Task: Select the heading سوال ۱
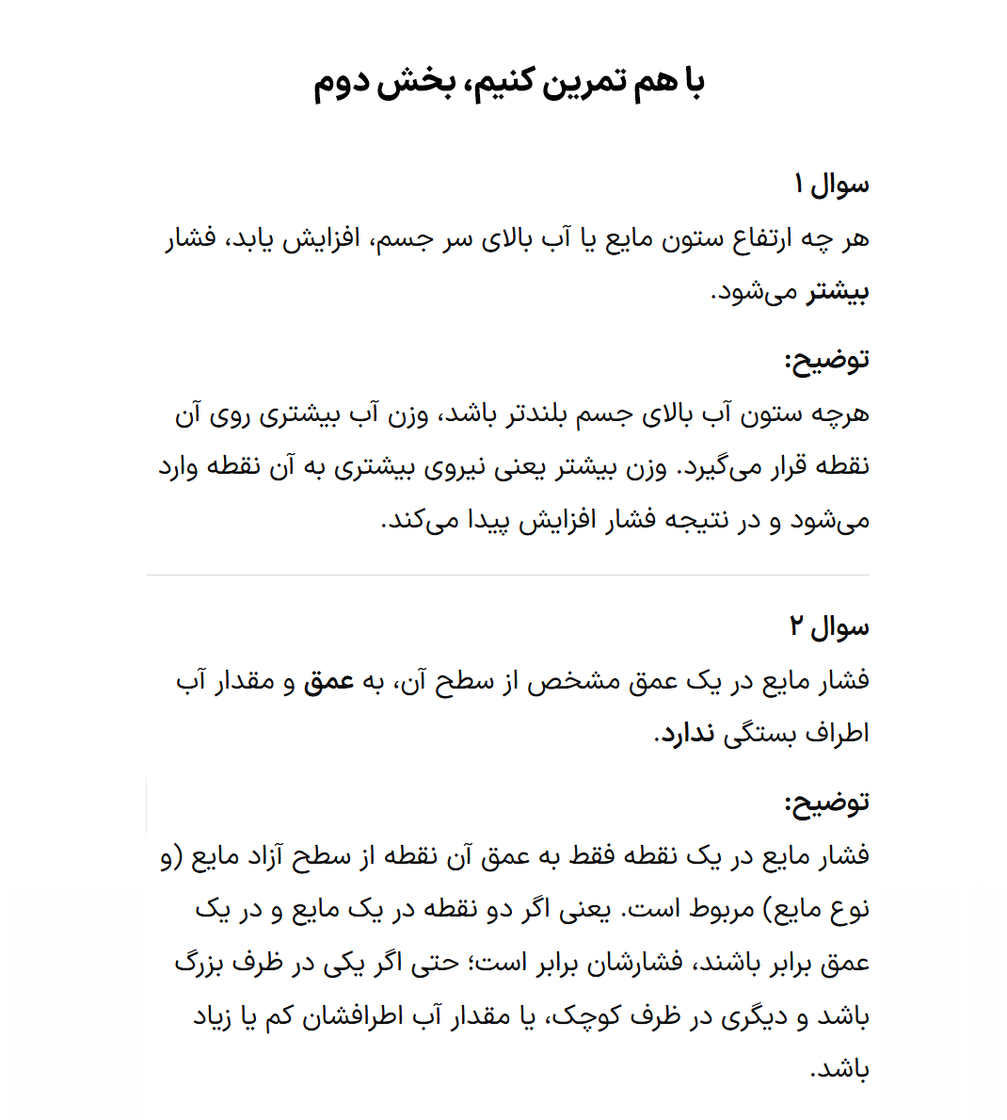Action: point(831,185)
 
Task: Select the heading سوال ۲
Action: point(829,626)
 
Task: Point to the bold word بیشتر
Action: point(838,292)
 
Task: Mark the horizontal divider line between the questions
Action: point(508,575)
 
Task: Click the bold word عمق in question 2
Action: point(328,680)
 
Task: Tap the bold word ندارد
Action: point(686,734)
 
